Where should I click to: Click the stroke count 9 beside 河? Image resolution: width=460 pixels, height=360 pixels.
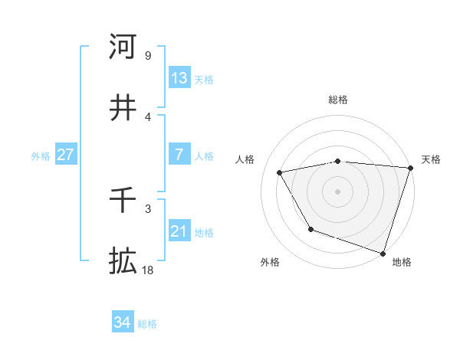(147, 55)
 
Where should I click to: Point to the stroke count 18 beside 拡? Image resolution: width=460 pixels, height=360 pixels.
(148, 270)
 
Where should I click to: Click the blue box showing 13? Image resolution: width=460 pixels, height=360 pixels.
(179, 78)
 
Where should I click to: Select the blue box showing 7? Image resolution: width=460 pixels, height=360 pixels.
(179, 155)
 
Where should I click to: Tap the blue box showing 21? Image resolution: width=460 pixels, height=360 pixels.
(179, 231)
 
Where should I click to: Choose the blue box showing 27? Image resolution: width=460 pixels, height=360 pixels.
(65, 155)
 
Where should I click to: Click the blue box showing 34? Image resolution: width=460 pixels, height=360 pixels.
(122, 323)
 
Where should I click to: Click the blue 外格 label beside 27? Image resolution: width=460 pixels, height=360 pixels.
(41, 156)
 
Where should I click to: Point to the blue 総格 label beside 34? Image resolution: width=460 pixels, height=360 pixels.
(147, 324)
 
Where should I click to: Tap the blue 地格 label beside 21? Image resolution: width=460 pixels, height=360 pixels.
(204, 233)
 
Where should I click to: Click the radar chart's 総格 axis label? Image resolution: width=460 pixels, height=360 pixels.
(338, 100)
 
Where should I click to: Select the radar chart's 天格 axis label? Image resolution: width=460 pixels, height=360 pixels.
(431, 159)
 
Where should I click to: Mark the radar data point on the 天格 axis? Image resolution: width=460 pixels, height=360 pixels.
(410, 168)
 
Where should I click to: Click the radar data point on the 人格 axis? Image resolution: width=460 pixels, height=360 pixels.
(280, 173)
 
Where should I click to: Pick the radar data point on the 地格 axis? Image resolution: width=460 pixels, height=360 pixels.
(383, 253)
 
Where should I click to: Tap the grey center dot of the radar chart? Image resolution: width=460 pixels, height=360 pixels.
(338, 191)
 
